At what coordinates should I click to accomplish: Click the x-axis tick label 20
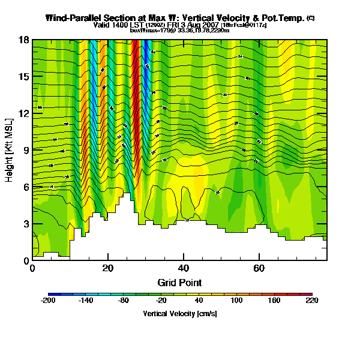pos(107,268)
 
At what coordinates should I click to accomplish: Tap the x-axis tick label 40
pos(183,268)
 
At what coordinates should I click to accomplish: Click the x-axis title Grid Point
pos(179,282)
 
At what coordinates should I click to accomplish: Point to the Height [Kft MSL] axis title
pos(10,151)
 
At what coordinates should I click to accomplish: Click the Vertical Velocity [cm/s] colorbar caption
pos(179,314)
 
